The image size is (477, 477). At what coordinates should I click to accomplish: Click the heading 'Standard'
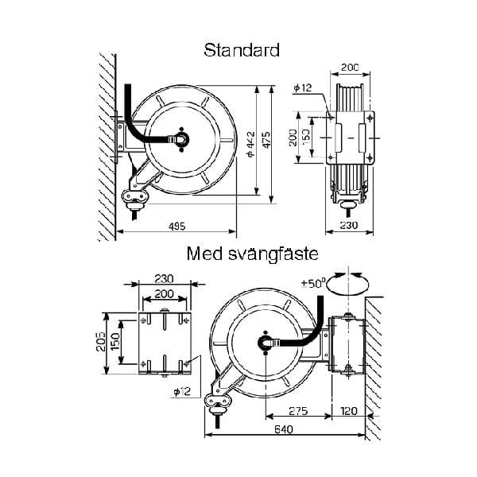(x=242, y=50)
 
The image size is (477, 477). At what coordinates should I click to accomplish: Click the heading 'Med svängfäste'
(x=252, y=254)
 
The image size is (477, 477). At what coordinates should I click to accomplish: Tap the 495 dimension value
(x=176, y=226)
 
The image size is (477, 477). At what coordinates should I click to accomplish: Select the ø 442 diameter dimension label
(x=251, y=144)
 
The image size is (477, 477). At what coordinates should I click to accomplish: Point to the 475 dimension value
(x=266, y=140)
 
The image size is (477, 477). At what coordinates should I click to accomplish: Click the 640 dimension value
(x=284, y=429)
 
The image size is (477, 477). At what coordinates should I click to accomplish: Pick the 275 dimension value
(x=298, y=411)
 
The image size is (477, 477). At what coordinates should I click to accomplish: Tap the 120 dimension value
(x=349, y=411)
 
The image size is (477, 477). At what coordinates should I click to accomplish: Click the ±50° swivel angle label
(x=312, y=284)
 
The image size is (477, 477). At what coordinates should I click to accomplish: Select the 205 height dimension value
(x=101, y=342)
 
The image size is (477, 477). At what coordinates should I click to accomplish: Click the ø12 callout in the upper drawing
(x=303, y=88)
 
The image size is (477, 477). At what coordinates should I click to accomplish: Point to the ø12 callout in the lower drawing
(x=182, y=391)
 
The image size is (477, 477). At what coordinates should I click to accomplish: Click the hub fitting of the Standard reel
(x=180, y=140)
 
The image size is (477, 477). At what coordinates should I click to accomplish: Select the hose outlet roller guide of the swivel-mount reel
(x=218, y=402)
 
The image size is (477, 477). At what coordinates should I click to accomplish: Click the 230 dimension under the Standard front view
(x=349, y=225)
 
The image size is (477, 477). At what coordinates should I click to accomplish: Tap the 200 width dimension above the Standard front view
(x=350, y=68)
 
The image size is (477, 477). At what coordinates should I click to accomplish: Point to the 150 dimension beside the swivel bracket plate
(x=116, y=341)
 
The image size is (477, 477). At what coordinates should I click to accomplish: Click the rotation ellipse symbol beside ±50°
(x=347, y=284)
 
